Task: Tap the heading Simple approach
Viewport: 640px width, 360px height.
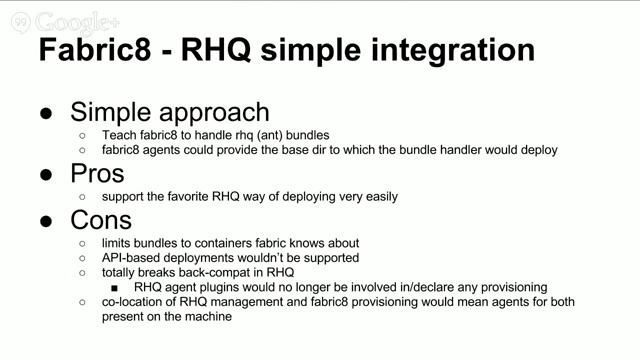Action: tap(170, 112)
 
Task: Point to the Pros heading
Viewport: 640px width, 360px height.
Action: tap(97, 172)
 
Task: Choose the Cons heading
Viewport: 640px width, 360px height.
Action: tap(101, 219)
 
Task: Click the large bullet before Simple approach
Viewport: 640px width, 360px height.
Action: tap(47, 113)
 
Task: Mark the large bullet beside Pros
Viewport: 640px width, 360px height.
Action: tap(47, 173)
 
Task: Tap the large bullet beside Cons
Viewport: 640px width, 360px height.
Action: tap(47, 220)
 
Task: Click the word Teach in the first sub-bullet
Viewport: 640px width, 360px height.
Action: tap(120, 135)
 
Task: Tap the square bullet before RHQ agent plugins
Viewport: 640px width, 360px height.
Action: tap(115, 287)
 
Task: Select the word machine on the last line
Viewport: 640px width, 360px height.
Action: tap(208, 316)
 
